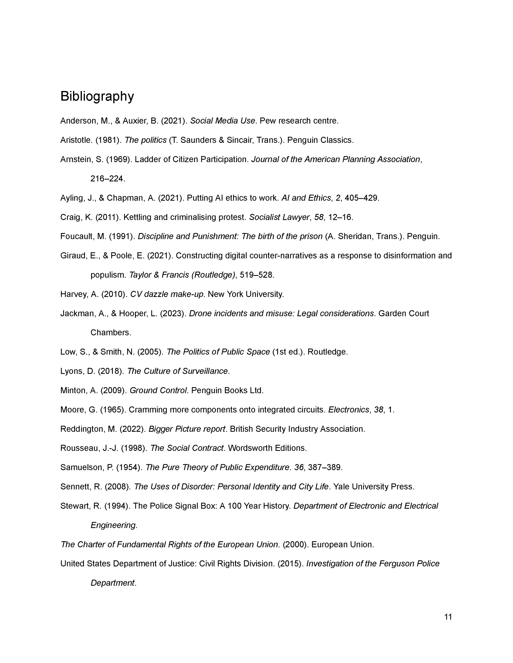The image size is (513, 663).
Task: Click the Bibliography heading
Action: coord(97,96)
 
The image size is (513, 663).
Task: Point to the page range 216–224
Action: coord(108,179)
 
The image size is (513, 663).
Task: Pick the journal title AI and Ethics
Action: coord(306,198)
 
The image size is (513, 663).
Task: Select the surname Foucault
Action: coord(78,237)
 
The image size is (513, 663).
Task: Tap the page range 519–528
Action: coord(257,275)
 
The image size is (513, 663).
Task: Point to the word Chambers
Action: coord(111,333)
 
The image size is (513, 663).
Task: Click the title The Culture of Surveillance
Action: coord(177,371)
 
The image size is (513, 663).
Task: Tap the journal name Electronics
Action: coord(348,410)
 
